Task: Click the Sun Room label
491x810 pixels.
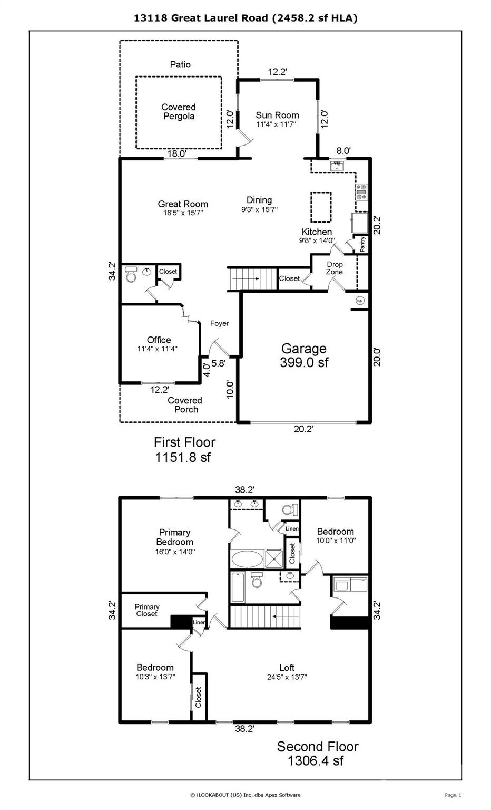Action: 277,115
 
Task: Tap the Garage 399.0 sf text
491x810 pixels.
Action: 304,355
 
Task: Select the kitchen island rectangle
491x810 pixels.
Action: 321,207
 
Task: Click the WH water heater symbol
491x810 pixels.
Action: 360,301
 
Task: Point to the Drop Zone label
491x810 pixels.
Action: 334,268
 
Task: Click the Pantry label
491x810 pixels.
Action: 362,244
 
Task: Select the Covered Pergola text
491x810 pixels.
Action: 179,112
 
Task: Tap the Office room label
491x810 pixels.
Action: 159,340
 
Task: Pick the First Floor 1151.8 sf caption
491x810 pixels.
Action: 184,449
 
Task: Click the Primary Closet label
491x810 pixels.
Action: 146,610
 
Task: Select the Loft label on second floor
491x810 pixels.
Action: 287,668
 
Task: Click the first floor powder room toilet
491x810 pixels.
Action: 131,275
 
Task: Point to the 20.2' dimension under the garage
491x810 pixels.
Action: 303,429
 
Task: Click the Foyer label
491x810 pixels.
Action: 219,323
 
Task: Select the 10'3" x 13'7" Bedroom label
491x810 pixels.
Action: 155,671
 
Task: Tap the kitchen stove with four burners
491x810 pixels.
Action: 361,191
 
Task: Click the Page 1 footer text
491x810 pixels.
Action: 453,795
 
